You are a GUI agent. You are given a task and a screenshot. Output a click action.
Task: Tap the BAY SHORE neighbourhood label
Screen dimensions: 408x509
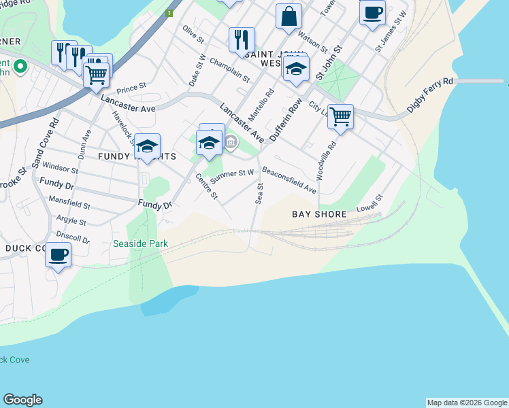point(320,214)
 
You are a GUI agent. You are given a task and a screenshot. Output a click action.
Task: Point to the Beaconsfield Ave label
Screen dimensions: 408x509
point(289,179)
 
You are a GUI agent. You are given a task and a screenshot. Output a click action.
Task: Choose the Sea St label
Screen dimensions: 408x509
point(259,192)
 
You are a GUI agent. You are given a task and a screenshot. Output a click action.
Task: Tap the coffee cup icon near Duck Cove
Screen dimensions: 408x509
point(58,255)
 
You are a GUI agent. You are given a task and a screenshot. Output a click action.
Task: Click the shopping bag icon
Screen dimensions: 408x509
point(289,16)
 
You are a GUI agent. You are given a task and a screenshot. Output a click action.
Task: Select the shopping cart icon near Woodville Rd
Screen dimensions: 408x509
point(340,115)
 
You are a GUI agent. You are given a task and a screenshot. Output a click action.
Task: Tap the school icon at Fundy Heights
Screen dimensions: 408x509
point(147,146)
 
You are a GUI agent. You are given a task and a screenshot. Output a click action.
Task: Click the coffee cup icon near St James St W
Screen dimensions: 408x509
point(372,12)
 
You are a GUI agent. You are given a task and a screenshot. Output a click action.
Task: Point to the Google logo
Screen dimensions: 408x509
point(22,400)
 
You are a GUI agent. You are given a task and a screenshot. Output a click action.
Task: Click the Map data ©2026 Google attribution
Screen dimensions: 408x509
point(467,403)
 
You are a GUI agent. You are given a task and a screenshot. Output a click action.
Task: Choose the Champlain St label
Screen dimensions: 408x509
point(229,70)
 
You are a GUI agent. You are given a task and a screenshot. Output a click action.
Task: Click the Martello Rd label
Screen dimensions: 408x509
point(260,107)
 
